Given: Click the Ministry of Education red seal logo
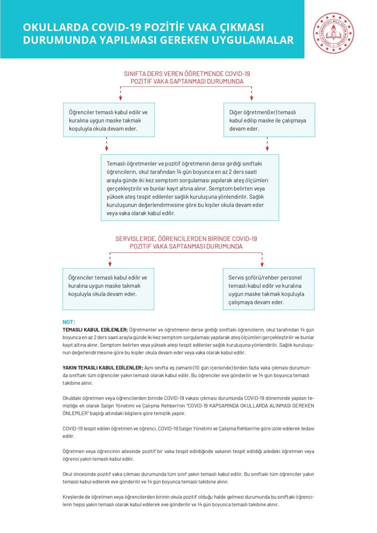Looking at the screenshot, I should click(x=333, y=33).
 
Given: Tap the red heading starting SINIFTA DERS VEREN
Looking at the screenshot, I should click(x=187, y=77).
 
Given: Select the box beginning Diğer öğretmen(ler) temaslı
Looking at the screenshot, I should click(x=269, y=120).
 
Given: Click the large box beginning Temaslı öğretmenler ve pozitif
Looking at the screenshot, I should click(x=190, y=188).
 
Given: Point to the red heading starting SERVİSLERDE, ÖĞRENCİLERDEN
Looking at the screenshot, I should click(x=186, y=243).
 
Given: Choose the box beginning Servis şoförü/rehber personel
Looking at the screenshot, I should click(x=268, y=289).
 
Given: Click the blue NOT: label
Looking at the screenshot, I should click(x=69, y=322).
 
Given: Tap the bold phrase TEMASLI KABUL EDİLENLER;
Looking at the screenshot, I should click(x=95, y=330).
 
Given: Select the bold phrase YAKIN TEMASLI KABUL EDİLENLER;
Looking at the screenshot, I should click(x=103, y=368).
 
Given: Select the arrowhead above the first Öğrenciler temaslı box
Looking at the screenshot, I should click(x=121, y=98).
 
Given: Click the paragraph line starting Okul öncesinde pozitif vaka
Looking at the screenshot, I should click(x=188, y=474).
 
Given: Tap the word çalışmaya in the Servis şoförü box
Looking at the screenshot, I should click(x=241, y=302).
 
